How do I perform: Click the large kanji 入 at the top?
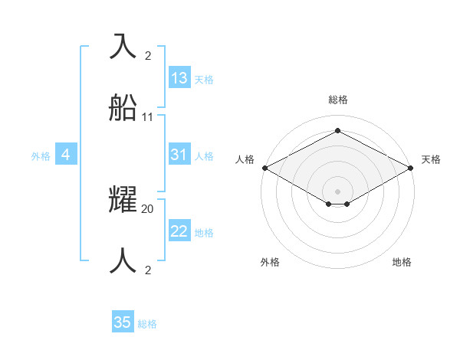[x=123, y=46]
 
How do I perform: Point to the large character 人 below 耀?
[x=123, y=261]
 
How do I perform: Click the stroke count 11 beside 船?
[x=148, y=117]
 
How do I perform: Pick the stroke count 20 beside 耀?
[x=148, y=208]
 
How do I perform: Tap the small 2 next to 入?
[x=148, y=55]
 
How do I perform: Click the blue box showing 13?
[x=179, y=78]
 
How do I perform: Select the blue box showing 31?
[x=179, y=155]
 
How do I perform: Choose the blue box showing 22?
[x=179, y=231]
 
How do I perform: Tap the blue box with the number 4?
[x=66, y=155]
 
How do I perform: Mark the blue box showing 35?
[x=123, y=322]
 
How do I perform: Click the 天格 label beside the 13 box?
[x=204, y=80]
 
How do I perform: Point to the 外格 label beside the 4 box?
[x=41, y=156]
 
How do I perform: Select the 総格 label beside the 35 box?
[x=147, y=324]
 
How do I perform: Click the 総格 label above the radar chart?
[x=337, y=100]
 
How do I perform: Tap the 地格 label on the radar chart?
[x=402, y=262]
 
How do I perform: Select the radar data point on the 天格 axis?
[x=412, y=168]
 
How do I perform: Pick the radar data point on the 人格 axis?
[x=264, y=168]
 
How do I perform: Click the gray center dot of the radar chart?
[x=337, y=191]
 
